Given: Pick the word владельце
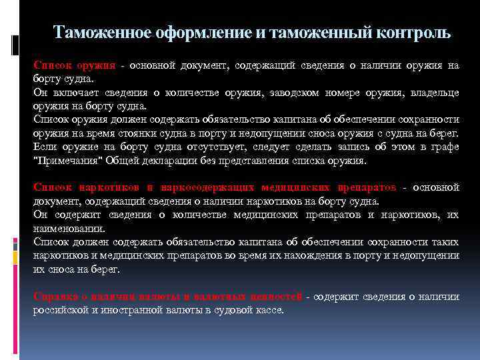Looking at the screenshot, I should coord(431,93).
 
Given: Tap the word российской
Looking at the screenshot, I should coord(61,310).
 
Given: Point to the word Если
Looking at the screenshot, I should coord(45,147).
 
